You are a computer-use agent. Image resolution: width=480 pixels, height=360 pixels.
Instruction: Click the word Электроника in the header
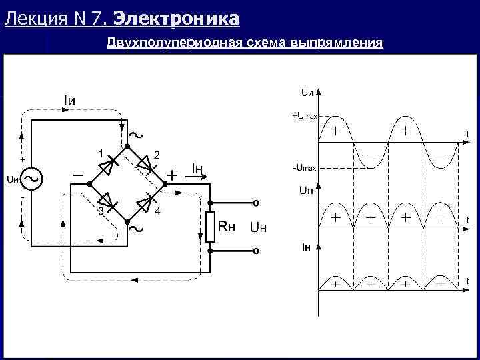point(181,19)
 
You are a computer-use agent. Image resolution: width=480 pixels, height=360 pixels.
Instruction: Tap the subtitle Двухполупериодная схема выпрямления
point(245,43)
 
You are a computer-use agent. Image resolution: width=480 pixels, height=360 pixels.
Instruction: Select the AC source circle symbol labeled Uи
point(31,179)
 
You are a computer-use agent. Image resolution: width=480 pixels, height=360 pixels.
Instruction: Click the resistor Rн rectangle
point(210,227)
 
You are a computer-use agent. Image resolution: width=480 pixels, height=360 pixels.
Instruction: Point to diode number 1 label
point(100,153)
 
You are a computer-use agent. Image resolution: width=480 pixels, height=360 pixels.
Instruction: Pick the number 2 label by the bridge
point(157,155)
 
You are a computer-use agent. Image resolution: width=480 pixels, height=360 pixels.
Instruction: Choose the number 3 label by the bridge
point(100,211)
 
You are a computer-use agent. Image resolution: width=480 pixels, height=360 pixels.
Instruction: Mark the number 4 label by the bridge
point(157,211)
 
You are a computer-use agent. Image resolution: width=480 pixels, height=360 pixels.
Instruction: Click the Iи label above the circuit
point(69,101)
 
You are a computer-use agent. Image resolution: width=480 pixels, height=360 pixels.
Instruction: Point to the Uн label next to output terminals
point(258,228)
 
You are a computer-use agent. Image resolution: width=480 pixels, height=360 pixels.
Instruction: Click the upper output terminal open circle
point(255,203)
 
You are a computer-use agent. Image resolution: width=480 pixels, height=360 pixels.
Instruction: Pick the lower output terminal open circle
point(255,251)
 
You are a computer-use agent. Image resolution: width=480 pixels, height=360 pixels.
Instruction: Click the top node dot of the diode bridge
point(128,145)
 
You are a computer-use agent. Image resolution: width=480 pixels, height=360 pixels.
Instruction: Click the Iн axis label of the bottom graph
point(306,247)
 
